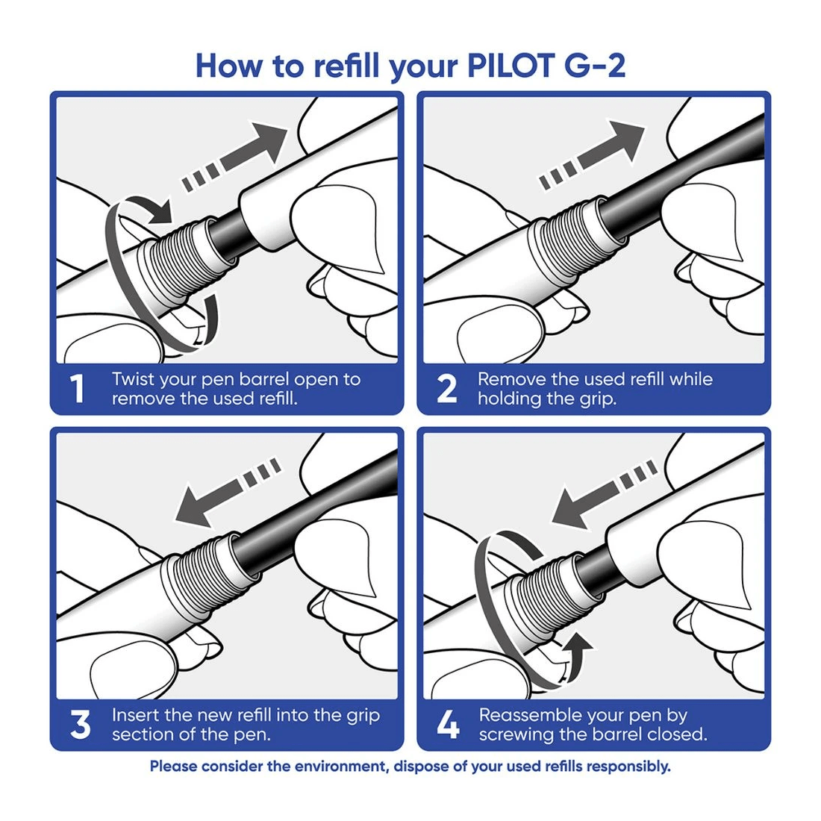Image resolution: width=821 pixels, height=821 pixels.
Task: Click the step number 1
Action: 77,390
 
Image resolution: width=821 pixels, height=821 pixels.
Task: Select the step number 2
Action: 446,390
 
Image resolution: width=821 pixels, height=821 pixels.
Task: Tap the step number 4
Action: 447,725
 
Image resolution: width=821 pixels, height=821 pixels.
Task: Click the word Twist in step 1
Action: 135,379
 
